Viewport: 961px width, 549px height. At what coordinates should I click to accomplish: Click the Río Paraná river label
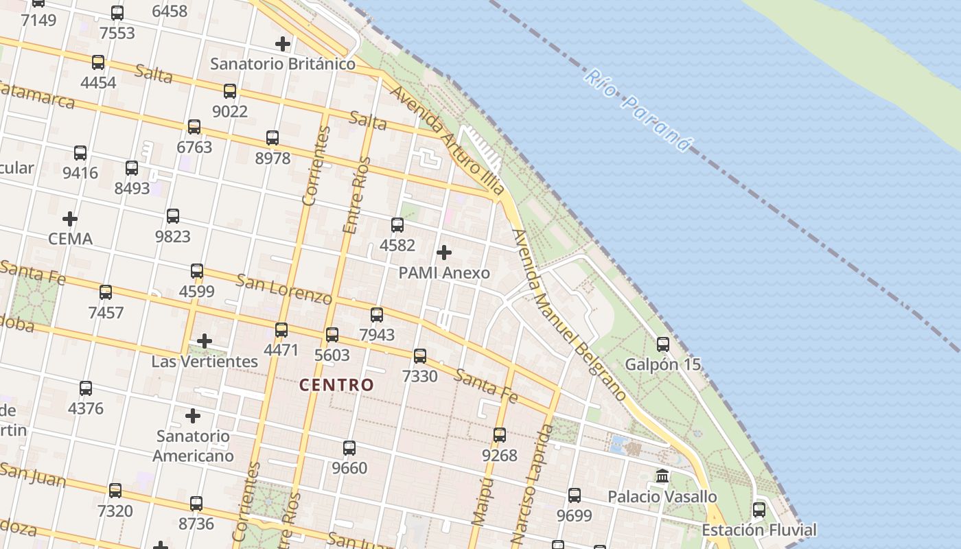(x=636, y=110)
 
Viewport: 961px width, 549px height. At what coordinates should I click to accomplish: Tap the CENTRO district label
(x=336, y=385)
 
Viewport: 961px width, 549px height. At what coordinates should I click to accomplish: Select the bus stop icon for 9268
(x=499, y=435)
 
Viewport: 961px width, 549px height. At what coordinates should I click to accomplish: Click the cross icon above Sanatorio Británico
(x=282, y=45)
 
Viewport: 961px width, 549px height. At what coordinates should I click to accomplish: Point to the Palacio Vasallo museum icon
(x=662, y=476)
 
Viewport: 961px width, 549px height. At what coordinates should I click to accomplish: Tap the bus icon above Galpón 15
(x=662, y=344)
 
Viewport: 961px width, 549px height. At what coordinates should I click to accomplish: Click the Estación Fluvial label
(x=759, y=530)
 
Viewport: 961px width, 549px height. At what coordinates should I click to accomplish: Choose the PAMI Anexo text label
(x=444, y=272)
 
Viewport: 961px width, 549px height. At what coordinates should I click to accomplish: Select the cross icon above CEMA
(x=69, y=220)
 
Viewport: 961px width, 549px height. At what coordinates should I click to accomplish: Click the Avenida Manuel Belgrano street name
(x=569, y=315)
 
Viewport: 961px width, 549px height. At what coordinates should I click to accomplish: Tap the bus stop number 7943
(x=377, y=334)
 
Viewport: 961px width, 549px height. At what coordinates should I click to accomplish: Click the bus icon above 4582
(x=397, y=225)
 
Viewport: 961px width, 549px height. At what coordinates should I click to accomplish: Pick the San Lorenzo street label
(x=283, y=289)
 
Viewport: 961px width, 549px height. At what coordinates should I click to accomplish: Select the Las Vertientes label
(x=205, y=361)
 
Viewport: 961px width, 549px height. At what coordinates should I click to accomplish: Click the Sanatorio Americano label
(x=193, y=445)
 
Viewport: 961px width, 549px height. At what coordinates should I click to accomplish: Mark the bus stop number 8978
(x=273, y=158)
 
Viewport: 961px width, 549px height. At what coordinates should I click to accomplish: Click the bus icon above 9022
(x=229, y=91)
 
